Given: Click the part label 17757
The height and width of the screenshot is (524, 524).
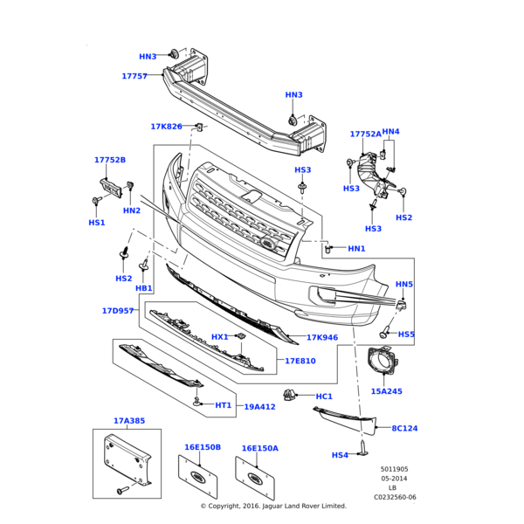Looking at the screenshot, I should click(134, 76).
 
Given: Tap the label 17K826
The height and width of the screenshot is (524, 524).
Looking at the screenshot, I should click(166, 127).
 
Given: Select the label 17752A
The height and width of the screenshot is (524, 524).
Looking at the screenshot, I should click(366, 134).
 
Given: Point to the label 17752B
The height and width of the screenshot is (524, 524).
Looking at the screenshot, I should click(110, 160).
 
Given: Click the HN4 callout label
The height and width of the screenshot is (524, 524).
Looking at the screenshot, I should click(390, 132).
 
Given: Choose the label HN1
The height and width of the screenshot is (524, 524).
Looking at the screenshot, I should click(356, 249).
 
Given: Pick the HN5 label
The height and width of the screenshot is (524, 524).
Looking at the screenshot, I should click(404, 285).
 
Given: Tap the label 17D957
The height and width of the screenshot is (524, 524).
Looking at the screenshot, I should click(117, 310).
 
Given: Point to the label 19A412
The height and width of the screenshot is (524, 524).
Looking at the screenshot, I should click(259, 406).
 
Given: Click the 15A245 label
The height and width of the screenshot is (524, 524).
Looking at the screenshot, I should click(386, 391).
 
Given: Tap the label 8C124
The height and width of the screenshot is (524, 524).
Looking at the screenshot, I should click(404, 429).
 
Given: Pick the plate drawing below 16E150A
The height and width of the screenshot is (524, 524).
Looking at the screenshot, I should click(255, 479).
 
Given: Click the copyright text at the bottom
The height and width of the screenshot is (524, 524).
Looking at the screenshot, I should click(273, 506).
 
